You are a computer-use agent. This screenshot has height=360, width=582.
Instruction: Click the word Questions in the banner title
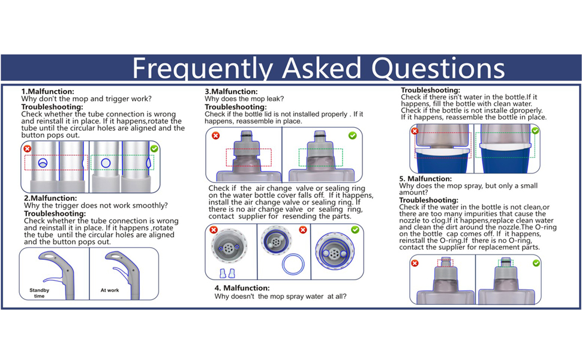click(438, 68)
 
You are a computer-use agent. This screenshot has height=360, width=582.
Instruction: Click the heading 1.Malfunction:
click(47, 91)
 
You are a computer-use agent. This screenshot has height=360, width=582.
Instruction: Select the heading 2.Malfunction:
click(50, 198)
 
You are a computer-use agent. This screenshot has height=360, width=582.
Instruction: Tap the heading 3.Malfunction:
click(231, 91)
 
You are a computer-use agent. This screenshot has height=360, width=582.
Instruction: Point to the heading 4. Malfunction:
click(242, 288)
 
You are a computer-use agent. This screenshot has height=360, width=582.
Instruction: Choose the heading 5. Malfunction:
click(425, 179)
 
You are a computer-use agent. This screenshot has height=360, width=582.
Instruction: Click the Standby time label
click(40, 293)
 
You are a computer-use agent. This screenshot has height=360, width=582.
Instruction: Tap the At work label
click(110, 290)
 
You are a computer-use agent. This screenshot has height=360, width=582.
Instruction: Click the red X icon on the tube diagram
click(27, 149)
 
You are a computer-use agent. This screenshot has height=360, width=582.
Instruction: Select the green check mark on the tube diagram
click(154, 148)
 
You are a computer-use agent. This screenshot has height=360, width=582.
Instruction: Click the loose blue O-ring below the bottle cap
click(293, 264)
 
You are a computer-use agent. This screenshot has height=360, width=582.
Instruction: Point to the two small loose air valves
click(227, 274)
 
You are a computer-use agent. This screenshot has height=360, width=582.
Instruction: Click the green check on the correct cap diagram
click(355, 230)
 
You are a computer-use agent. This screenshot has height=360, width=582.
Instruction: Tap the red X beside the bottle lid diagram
click(215, 136)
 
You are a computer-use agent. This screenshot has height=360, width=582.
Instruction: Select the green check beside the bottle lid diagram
click(353, 136)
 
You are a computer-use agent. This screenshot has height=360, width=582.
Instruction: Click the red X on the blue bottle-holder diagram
click(415, 131)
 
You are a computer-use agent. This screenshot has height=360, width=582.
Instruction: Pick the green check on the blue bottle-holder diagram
click(535, 131)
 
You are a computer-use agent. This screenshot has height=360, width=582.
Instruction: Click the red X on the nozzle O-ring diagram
click(415, 263)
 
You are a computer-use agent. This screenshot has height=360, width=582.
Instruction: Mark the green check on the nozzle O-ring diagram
click(536, 263)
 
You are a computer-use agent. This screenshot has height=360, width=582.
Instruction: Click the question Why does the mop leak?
click(244, 99)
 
